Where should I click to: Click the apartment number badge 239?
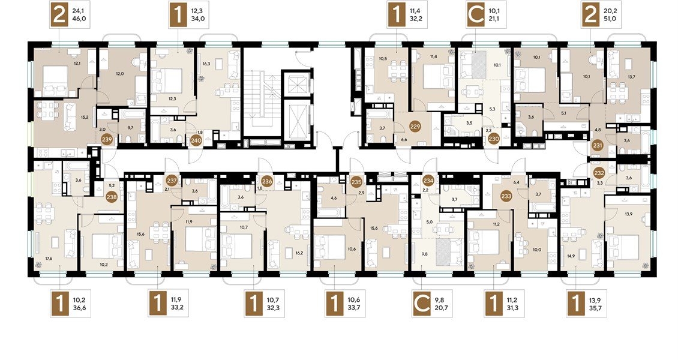(x=107, y=140)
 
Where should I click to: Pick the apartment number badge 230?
(x=494, y=138)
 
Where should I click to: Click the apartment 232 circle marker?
(x=599, y=172)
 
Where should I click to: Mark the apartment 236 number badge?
(x=267, y=181)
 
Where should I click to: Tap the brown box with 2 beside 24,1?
(x=60, y=15)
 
